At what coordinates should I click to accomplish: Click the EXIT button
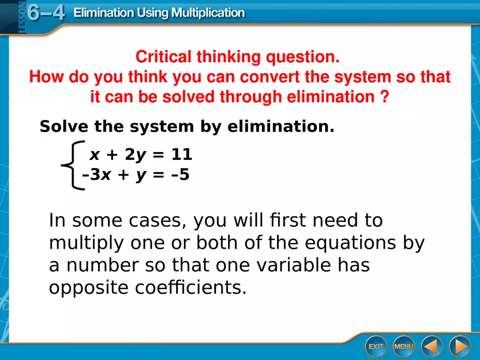(x=376, y=346)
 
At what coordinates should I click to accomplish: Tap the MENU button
(x=404, y=346)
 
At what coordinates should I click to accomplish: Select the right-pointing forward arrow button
(x=459, y=346)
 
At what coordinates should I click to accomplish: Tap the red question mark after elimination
(x=385, y=97)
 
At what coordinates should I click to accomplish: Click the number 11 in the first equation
(x=181, y=155)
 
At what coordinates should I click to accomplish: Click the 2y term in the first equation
(x=136, y=155)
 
